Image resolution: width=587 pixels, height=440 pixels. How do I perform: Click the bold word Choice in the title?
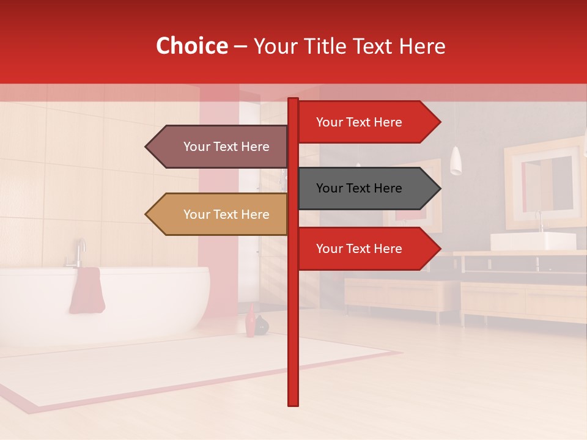[191, 46]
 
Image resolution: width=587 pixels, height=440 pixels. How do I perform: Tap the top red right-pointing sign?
[367, 122]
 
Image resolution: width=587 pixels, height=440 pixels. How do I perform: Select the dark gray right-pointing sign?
[367, 188]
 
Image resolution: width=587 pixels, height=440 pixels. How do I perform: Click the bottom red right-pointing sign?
[367, 249]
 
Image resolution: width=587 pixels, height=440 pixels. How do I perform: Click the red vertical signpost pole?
[293, 342]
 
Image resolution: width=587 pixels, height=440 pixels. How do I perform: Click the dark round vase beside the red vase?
[262, 325]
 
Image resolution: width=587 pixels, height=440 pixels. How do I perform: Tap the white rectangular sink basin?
[533, 241]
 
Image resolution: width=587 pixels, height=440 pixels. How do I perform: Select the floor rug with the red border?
[183, 367]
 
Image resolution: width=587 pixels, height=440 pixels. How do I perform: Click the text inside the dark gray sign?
[359, 188]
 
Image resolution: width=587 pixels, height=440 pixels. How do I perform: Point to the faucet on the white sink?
[539, 222]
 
